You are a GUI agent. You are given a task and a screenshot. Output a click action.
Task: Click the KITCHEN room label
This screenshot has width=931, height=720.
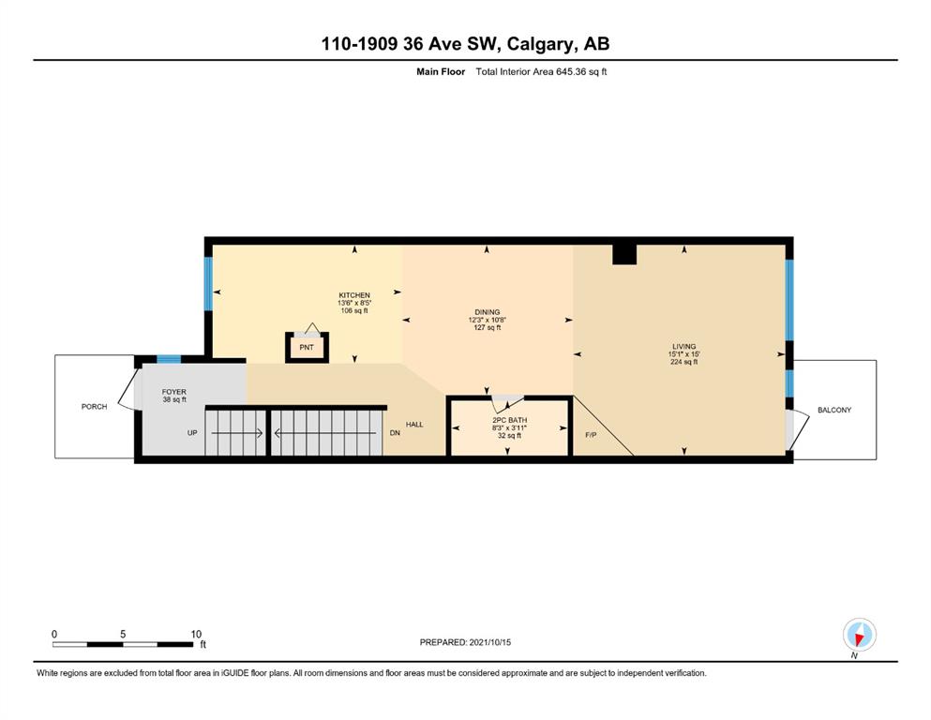[x=354, y=295]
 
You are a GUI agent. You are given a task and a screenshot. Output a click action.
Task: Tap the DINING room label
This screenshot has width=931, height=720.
[x=487, y=311]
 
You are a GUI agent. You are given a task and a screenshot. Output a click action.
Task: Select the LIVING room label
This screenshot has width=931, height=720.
[x=684, y=346]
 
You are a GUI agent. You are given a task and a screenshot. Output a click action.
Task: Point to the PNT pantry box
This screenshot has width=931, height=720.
[x=307, y=347]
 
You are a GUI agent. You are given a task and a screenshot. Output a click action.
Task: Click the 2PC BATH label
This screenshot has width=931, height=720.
[x=509, y=420]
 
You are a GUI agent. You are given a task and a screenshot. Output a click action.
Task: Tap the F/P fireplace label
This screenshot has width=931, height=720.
[x=591, y=434]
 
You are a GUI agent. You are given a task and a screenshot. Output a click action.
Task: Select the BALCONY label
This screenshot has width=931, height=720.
[x=834, y=410]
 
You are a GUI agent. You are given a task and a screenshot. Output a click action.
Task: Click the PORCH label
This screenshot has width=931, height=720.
[x=95, y=407]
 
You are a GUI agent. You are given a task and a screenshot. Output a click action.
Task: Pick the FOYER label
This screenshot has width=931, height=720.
[x=174, y=392]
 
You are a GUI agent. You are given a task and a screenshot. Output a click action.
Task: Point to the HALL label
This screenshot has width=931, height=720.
[x=414, y=425]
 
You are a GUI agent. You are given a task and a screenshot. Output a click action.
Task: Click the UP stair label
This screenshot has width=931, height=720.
[x=192, y=433]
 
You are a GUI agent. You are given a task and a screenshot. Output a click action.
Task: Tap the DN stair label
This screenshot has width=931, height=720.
[x=395, y=433]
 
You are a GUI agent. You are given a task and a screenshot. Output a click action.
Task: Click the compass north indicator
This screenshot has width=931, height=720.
[x=859, y=635]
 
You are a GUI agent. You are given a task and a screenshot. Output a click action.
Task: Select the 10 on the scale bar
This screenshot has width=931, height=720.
[x=196, y=634]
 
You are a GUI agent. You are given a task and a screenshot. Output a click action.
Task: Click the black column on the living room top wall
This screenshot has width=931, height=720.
[x=624, y=254]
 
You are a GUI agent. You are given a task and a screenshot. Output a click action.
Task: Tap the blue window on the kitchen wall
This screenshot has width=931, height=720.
[x=208, y=283]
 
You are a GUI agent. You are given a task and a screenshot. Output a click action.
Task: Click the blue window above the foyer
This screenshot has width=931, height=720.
[x=169, y=359]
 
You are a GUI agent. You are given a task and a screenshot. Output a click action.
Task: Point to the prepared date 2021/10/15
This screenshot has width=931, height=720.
[x=489, y=642]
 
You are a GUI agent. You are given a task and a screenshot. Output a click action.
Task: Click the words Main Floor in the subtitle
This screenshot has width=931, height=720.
[x=441, y=72]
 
